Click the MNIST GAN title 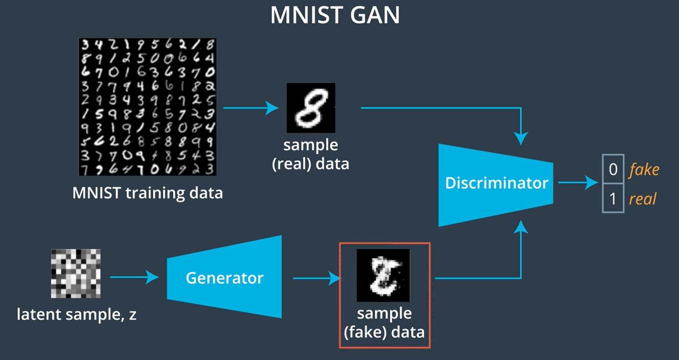pos(335,16)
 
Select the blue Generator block pos(224,278)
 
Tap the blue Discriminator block pos(496,183)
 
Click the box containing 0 pos(613,169)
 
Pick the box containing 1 pos(613,198)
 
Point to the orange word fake pos(644,170)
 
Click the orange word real pos(642,199)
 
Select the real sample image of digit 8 pos(311,108)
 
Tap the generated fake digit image pos(383,275)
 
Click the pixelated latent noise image pos(76,273)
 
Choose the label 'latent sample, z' pos(76,314)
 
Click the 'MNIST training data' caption pos(147,193)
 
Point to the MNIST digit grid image pos(147,107)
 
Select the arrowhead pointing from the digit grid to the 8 pos(272,108)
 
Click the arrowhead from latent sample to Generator pos(153,277)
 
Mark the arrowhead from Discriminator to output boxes pos(592,182)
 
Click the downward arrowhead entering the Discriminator pos(521,138)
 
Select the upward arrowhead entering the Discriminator pos(521,227)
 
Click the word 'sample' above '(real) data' pos(311,145)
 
